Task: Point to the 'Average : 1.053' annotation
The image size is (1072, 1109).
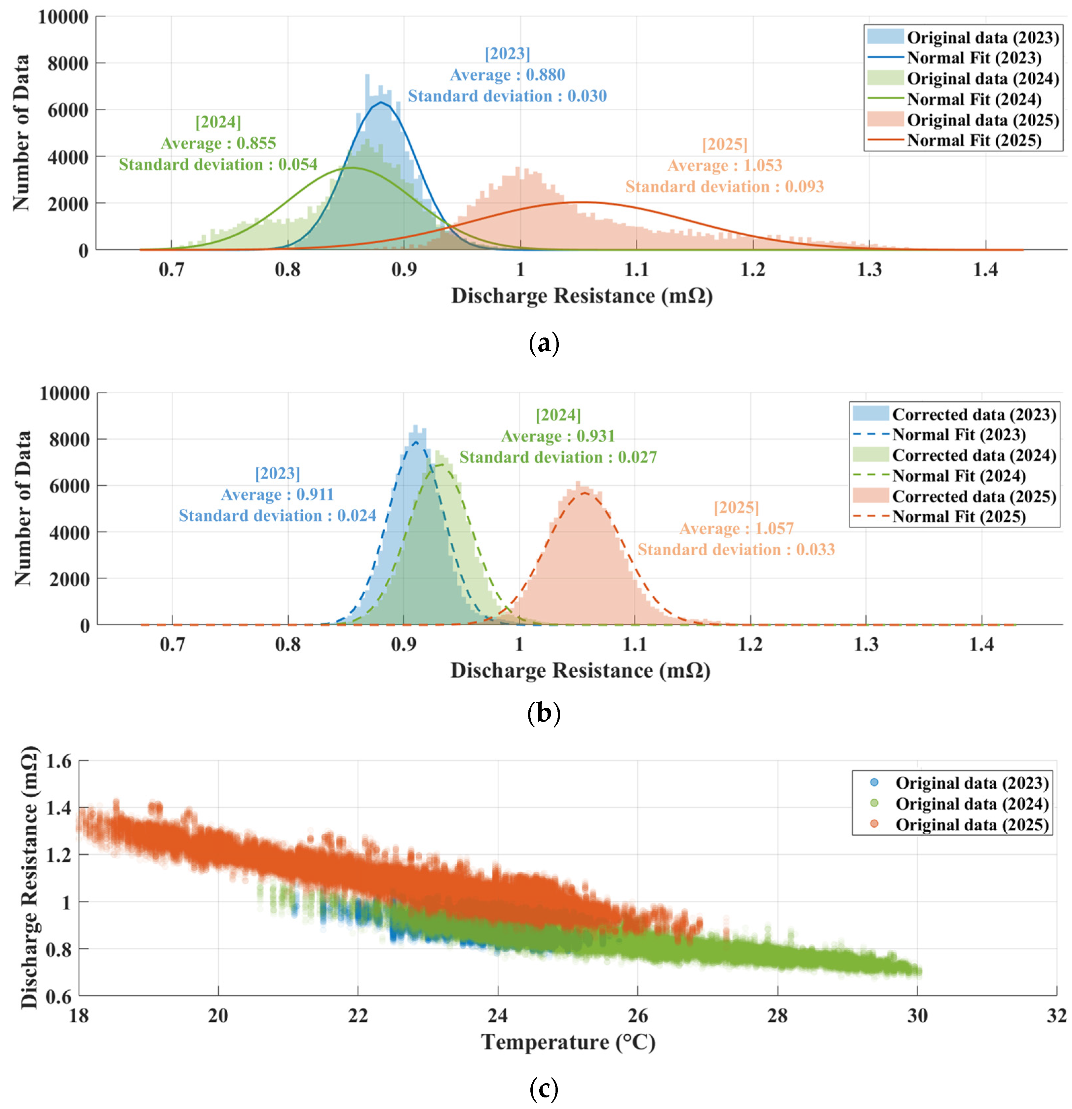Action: click(x=725, y=166)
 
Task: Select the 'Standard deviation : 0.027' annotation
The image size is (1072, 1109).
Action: click(x=558, y=457)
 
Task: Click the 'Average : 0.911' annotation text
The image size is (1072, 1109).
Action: click(x=277, y=495)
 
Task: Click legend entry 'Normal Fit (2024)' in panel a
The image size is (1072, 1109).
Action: click(x=974, y=99)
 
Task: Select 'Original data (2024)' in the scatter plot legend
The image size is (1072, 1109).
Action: click(x=971, y=804)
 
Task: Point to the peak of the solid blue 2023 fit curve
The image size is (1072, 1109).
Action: click(x=382, y=102)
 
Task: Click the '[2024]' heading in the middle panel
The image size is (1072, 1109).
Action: click(x=558, y=415)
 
